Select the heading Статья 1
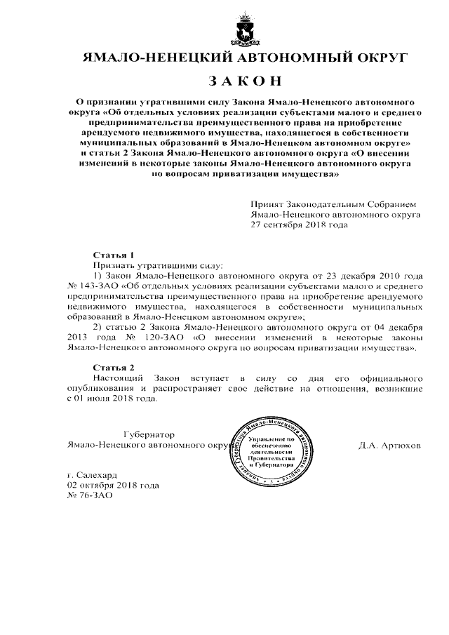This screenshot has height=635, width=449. [x=113, y=255]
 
